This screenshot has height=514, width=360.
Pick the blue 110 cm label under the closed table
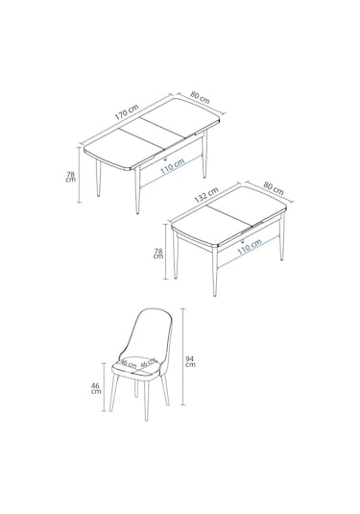(x=249, y=247)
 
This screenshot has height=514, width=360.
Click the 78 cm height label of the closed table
(x=158, y=255)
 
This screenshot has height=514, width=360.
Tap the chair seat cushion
(x=140, y=364)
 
